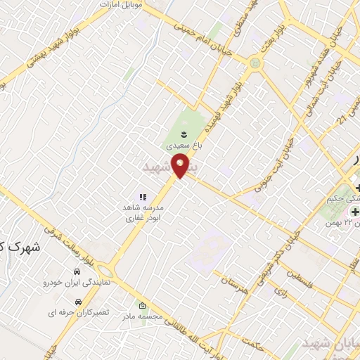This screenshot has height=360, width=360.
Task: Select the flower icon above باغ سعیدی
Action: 184,134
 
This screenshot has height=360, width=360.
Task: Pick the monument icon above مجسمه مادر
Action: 143,306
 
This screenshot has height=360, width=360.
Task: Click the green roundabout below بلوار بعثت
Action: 255,64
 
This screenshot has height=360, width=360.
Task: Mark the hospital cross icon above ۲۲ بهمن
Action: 355,212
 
